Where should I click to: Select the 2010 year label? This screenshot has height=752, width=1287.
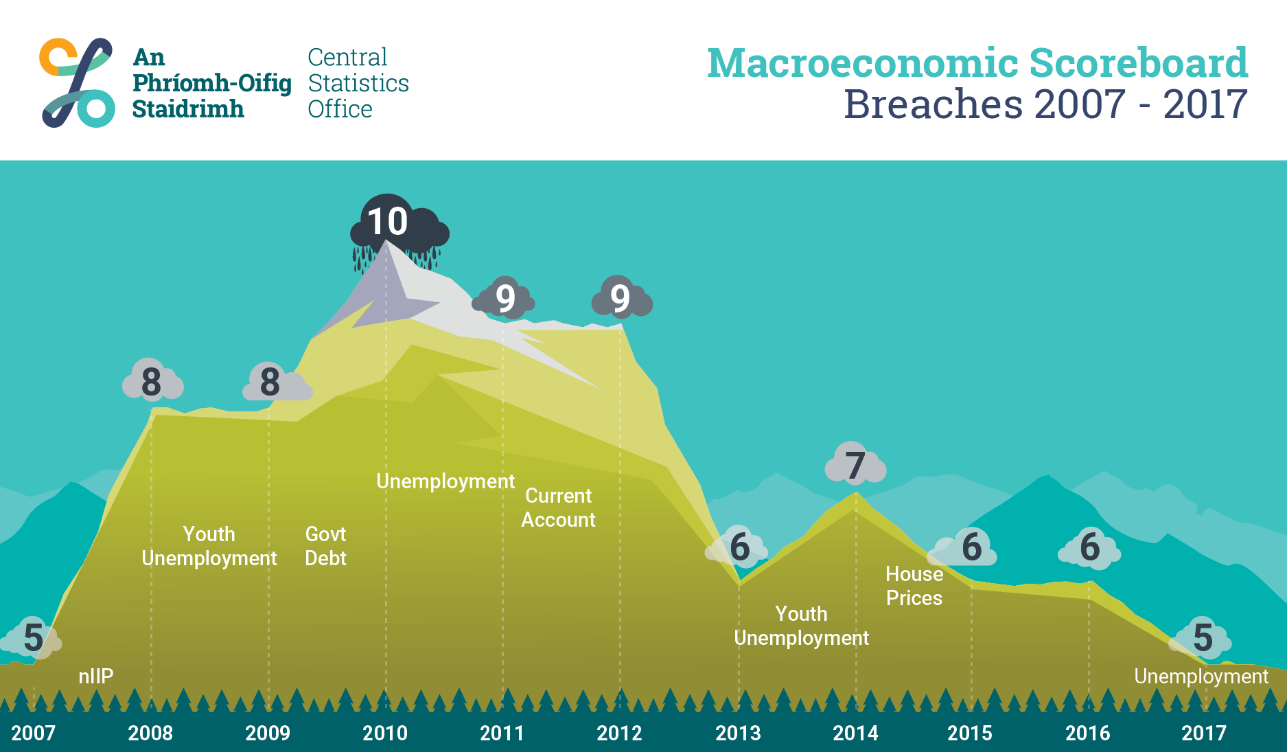385,733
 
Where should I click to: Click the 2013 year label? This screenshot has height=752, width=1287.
738,733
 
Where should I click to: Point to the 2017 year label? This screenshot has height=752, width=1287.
1204,733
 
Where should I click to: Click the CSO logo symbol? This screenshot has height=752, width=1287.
76,82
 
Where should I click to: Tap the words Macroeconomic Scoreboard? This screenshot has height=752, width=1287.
977,63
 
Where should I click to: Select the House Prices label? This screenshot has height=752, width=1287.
914,586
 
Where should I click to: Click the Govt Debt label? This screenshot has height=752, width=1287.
325,546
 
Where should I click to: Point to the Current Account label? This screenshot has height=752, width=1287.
558,508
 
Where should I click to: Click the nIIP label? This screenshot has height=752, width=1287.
95,676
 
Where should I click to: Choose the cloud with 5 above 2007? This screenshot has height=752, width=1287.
32,637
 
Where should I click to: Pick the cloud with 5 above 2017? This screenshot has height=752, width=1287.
1201,637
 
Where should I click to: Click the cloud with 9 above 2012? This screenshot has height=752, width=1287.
622,297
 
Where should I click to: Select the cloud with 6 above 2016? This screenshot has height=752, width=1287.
1089,547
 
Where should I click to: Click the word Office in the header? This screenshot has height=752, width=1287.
340,109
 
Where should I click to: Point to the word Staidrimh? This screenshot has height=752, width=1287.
188,109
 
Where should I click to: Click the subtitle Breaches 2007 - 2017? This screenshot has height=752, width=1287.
1045,104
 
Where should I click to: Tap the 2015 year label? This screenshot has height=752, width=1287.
970,733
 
